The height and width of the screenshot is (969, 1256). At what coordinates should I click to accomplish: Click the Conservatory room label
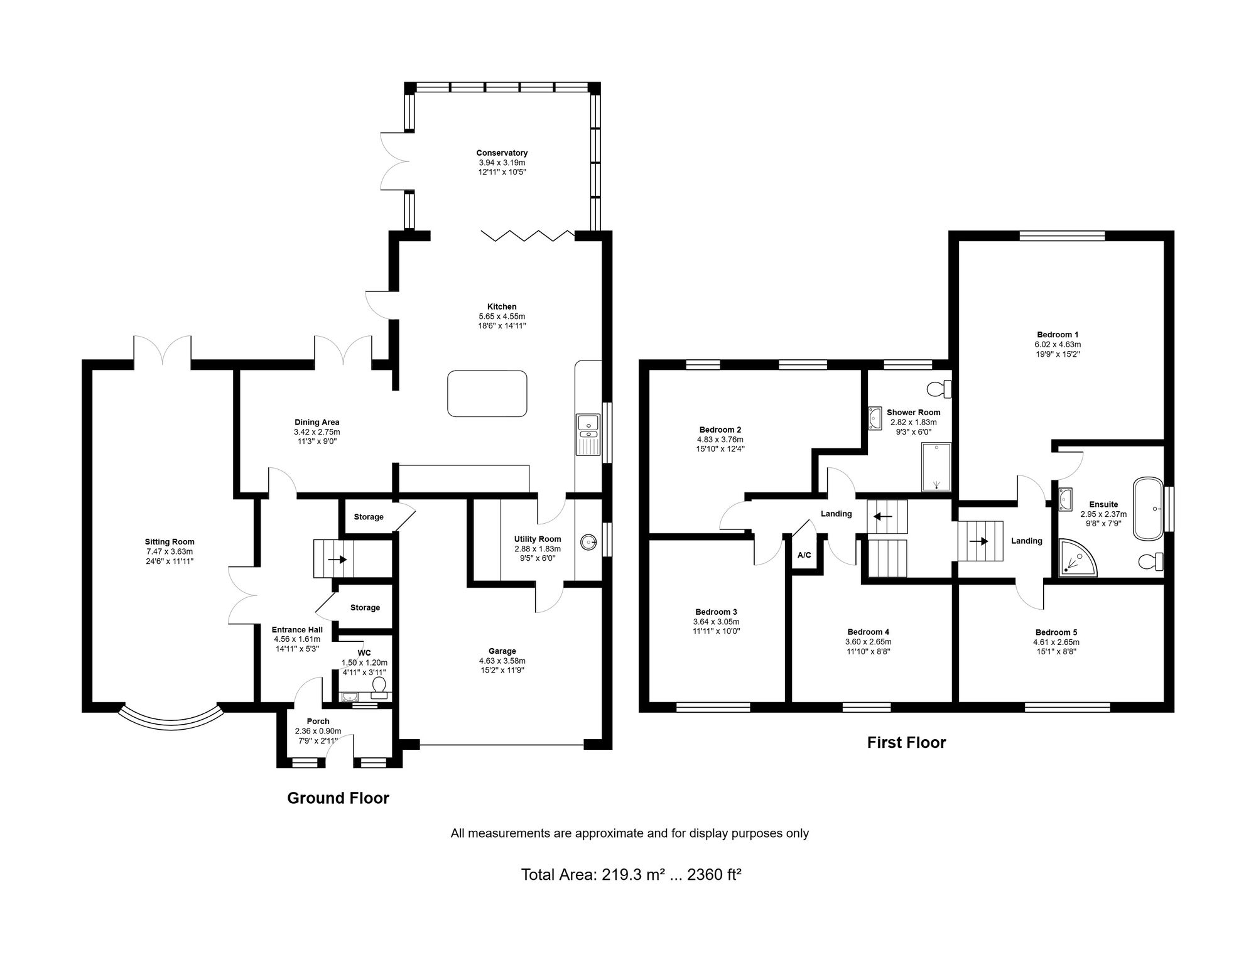coord(502,153)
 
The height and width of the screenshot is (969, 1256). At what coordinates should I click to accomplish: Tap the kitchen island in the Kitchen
coord(487,393)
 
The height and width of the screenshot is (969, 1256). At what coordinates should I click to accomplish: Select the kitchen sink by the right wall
coord(588,434)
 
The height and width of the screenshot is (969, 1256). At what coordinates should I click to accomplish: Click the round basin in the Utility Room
coord(588,540)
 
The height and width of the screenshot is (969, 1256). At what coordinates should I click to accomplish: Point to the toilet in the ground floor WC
coord(379,691)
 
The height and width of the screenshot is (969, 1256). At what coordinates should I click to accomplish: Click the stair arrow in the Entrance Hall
coord(337,559)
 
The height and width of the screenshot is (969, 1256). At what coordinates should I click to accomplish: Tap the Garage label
coord(502,651)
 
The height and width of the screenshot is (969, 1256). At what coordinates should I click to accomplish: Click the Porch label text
coord(318,722)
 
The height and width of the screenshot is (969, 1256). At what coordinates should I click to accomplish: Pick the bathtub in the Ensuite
coord(1149,509)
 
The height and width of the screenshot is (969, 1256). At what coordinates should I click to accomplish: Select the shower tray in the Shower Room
coord(936,467)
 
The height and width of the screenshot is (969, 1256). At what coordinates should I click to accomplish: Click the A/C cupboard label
coord(804,555)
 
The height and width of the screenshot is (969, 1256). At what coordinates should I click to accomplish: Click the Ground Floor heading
coord(338,798)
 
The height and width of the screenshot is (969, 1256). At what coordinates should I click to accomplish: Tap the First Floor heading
coord(906,743)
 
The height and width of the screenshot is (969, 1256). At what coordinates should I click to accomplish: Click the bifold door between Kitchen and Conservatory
coord(528,236)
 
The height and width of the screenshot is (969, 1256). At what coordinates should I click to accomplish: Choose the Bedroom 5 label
coord(1056,632)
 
